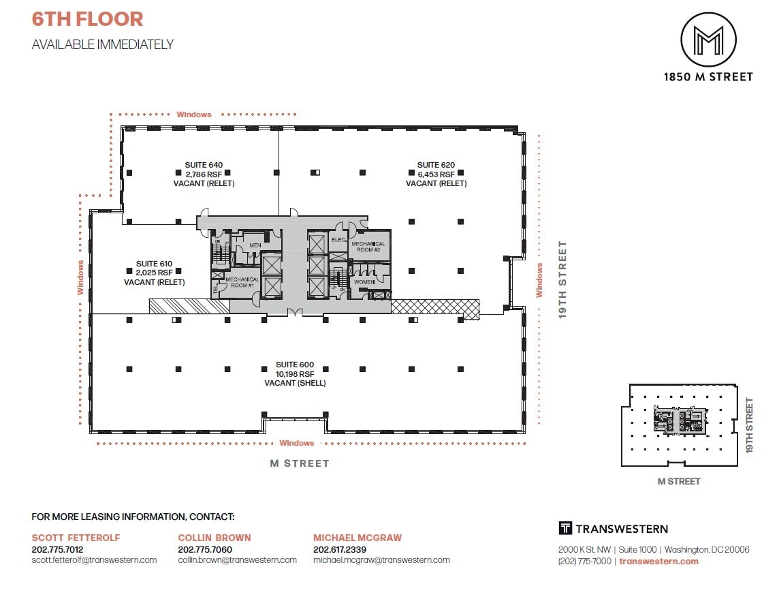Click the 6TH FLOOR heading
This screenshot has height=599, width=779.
[88, 19]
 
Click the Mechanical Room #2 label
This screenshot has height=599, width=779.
[368, 247]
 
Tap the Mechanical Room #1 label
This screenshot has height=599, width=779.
[242, 283]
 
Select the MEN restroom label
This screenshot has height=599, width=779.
[255, 245]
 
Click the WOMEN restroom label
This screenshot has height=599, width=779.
[364, 281]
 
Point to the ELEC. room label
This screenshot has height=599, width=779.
[338, 240]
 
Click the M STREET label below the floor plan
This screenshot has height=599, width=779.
[300, 463]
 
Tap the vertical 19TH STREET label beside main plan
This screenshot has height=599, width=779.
[563, 279]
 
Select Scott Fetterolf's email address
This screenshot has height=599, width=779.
[94, 560]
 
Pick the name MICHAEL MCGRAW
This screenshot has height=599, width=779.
[357, 538]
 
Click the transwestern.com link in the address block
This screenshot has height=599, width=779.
[659, 562]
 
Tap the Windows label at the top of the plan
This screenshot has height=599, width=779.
[194, 114]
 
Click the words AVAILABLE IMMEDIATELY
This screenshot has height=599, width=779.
[103, 45]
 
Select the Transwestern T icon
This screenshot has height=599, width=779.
[565, 528]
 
